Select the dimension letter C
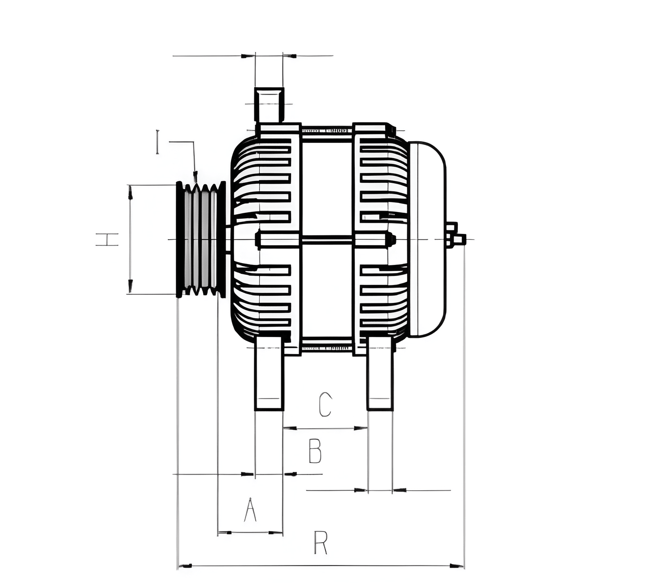pos(325,405)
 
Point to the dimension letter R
pos(321,543)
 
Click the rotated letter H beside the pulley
pos(107,240)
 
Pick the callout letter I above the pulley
pos(157,142)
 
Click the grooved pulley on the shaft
pos(201,239)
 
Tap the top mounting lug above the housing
pos(269,105)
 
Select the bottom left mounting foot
pos(269,374)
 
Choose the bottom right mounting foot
pos(380,374)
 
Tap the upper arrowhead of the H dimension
pos(130,193)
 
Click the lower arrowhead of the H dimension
pos(130,286)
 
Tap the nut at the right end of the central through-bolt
pos(391,239)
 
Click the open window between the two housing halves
pos(327,188)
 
